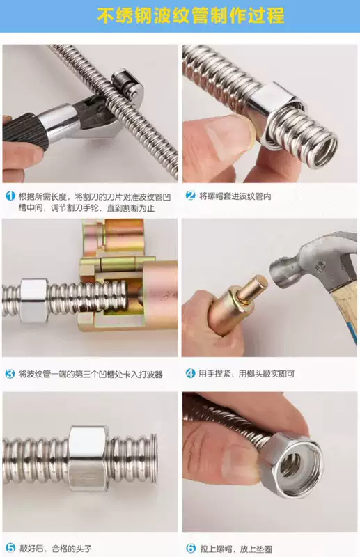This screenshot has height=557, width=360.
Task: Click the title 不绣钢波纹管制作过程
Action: point(191,16)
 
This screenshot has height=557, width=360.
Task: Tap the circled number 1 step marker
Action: point(10,196)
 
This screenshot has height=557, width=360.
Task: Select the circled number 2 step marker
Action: point(191,196)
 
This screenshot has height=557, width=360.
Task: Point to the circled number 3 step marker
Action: point(10,374)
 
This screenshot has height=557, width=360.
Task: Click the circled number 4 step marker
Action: point(191,373)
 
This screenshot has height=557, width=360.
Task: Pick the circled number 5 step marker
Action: point(10,548)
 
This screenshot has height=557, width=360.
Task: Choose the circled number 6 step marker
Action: point(191,548)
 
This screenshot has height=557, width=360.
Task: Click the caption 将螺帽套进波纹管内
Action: point(235,196)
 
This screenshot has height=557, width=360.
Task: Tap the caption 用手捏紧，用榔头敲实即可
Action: point(246,374)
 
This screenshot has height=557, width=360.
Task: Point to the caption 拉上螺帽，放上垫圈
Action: point(236,549)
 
